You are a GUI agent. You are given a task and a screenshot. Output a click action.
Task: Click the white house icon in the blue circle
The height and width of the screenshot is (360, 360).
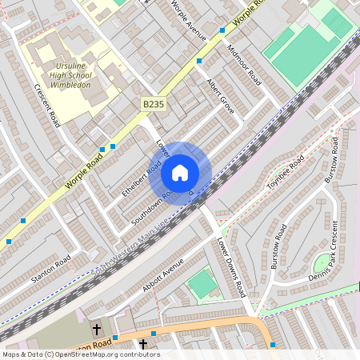coord(180,173)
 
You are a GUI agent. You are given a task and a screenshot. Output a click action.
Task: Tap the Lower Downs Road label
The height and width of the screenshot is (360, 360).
coord(232,267)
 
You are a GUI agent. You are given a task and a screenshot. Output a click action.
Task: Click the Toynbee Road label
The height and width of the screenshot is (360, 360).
coord(286,172)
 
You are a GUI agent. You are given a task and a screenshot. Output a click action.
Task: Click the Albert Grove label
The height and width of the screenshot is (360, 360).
coord(220,96)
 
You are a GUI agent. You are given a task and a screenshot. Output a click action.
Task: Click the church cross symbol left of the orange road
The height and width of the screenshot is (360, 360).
coord(97,329)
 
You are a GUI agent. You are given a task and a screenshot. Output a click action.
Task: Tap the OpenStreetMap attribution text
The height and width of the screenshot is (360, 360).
coord(80,354)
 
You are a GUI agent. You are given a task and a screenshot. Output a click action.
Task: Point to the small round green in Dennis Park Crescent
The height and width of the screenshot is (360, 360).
coord(323,262)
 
